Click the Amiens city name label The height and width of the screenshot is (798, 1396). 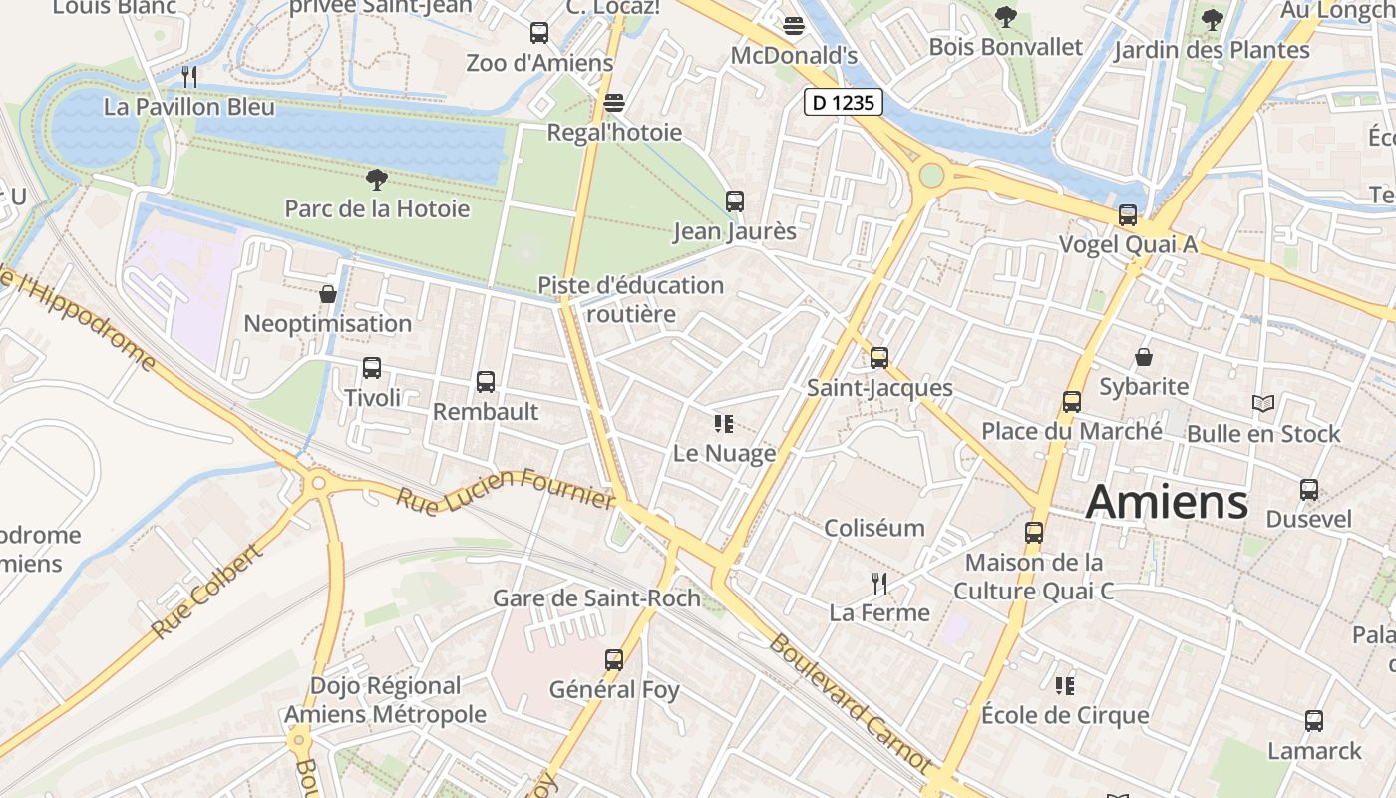pyautogui.click(x=1167, y=502)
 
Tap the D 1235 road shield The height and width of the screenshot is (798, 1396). pyautogui.click(x=844, y=102)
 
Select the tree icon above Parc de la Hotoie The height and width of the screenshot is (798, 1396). pyautogui.click(x=376, y=180)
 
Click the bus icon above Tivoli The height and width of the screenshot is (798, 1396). pyautogui.click(x=372, y=368)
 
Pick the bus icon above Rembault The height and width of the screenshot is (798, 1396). pyautogui.click(x=486, y=382)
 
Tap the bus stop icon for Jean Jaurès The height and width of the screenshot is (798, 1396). pyautogui.click(x=735, y=201)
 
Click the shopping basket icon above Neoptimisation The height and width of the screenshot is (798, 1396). pyautogui.click(x=328, y=294)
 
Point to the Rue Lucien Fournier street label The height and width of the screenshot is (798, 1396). pyautogui.click(x=506, y=488)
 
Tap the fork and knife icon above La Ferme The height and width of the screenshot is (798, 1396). pyautogui.click(x=878, y=584)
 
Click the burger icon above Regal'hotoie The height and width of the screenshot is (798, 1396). pyautogui.click(x=613, y=103)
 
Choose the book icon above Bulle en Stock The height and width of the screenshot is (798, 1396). pyautogui.click(x=1263, y=404)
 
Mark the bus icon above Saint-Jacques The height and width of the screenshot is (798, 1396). pyautogui.click(x=878, y=358)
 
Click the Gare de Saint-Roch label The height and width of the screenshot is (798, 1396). pyautogui.click(x=596, y=599)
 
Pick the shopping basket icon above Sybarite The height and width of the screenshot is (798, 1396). pyautogui.click(x=1144, y=357)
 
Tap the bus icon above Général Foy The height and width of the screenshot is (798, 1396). pyautogui.click(x=614, y=660)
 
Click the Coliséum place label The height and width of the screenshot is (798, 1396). pyautogui.click(x=874, y=528)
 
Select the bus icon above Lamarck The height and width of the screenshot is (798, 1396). pyautogui.click(x=1314, y=721)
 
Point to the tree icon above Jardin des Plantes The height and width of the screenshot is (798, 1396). pyautogui.click(x=1212, y=19)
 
